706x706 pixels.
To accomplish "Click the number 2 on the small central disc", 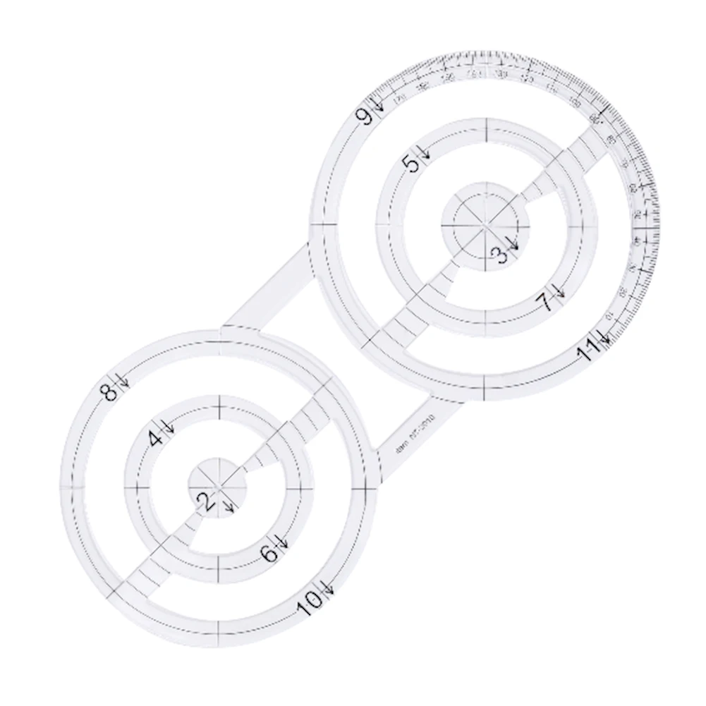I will tap(206, 501).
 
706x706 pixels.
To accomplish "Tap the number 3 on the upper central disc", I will tap(500, 255).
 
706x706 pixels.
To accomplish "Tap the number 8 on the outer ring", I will tap(111, 391).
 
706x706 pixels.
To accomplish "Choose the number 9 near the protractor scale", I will tap(367, 116).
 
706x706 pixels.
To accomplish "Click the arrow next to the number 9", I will tap(379, 104).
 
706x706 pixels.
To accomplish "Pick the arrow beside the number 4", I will tap(169, 425).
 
